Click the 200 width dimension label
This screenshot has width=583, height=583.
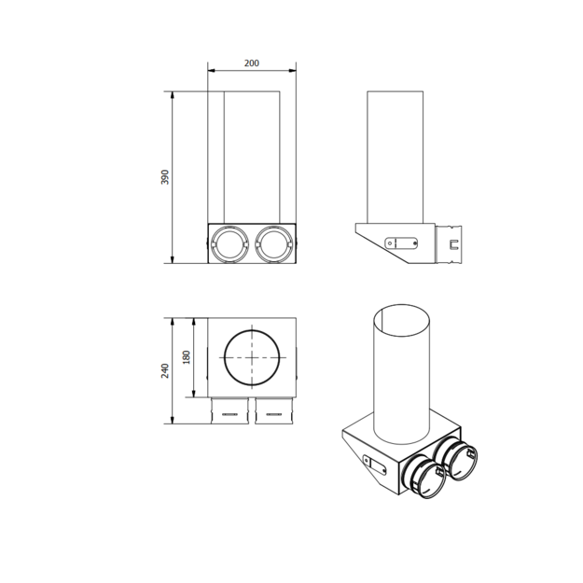251,63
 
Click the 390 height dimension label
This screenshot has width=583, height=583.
165,177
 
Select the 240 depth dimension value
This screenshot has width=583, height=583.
165,371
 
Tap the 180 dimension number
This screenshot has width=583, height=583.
187,357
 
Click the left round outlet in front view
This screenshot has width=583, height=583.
229,243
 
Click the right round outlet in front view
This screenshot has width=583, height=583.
273,243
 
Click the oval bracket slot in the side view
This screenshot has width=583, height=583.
401,243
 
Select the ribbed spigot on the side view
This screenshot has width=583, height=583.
449,243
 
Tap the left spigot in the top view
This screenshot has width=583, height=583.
229,410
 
